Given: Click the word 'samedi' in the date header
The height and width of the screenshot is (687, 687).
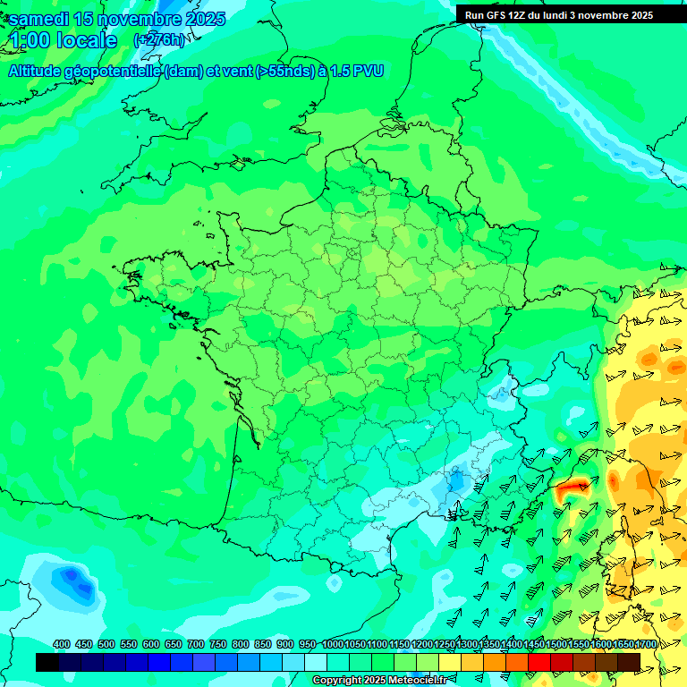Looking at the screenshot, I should [38, 20].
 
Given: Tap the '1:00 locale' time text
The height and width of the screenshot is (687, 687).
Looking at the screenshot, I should [64, 40].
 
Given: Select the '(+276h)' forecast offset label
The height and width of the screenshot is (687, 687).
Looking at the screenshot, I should [158, 40].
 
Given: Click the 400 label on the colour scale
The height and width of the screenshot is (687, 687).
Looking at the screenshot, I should [62, 645].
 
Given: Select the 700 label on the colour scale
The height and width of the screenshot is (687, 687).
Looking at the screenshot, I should [195, 645].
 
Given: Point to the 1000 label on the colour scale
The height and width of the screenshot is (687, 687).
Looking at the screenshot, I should [332, 645].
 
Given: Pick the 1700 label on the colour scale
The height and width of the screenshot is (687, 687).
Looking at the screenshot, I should [645, 645].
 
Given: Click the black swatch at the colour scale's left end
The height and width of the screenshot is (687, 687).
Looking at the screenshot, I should [47, 662].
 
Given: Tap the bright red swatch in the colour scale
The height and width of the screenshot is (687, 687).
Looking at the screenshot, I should [539, 662].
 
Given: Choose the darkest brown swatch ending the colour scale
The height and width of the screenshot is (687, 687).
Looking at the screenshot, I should [629, 662].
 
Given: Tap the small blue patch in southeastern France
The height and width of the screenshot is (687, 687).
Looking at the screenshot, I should [456, 481].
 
